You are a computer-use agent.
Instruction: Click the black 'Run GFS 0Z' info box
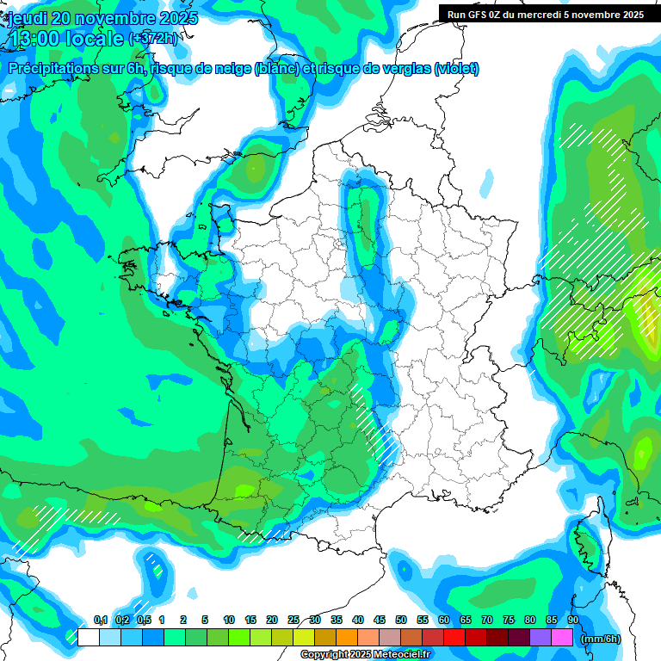coord(549,14)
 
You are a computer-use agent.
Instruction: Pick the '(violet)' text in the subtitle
coord(456,69)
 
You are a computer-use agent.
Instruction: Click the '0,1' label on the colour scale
coord(100,621)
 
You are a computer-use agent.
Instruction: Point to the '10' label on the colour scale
coord(229,621)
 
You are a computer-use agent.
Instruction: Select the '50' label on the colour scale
coord(401,621)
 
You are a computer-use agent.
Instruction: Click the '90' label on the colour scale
coord(573,621)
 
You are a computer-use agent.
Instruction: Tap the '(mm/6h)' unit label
coord(601,639)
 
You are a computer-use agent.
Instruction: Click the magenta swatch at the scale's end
coord(562,637)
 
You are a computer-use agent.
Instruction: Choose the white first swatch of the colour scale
coord(88,637)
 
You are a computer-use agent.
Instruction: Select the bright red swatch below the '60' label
coord(454,637)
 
